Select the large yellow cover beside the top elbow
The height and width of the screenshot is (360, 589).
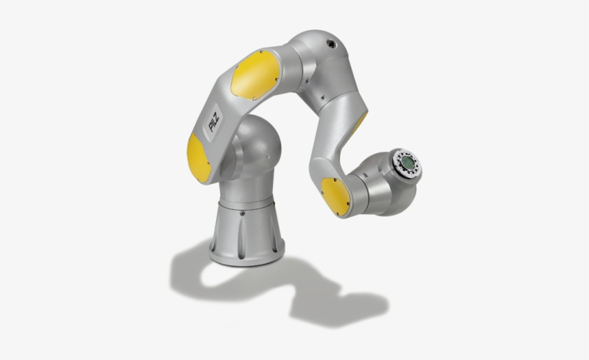255,75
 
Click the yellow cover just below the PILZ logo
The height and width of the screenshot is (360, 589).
198,158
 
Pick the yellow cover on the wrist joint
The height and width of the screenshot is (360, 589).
335,197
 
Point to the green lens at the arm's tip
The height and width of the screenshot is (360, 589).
408,162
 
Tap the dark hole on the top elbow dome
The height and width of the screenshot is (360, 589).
331,44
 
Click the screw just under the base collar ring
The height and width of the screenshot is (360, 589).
242,213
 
